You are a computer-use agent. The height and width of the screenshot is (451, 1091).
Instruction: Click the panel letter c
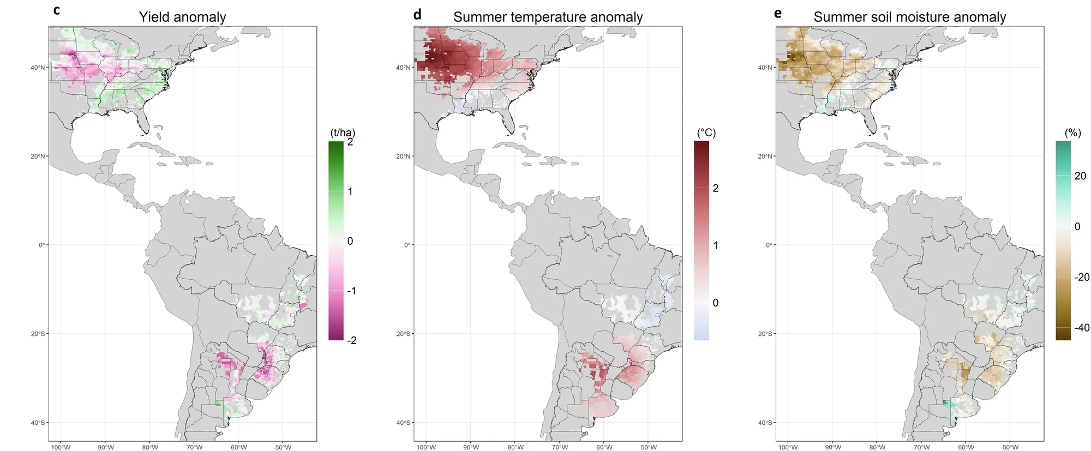coord(57,10)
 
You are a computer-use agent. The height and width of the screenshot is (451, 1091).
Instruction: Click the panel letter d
coord(417,14)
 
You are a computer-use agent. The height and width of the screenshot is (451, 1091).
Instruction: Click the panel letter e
coord(778,13)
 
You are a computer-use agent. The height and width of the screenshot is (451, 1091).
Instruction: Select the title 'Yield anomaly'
coord(182,17)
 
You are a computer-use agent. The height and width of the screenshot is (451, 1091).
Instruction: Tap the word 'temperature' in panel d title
coord(548,17)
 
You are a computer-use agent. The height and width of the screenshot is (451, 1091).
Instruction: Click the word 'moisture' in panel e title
coord(935,17)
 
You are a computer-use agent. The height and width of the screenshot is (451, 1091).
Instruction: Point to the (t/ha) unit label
coord(343,133)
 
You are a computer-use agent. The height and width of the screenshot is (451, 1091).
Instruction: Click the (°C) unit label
coord(706,133)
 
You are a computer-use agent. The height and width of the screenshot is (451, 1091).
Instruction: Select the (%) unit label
coord(1072,133)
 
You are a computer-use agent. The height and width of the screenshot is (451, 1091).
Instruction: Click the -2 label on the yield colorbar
coord(352,340)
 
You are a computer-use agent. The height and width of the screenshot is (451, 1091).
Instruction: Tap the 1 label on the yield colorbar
coord(350,191)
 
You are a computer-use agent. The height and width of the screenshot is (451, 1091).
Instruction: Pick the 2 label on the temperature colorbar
coord(716,188)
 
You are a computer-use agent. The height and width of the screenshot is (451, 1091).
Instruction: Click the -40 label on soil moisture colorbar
coord(1082,328)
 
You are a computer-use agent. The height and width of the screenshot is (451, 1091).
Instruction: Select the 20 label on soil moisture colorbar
coord(1080,176)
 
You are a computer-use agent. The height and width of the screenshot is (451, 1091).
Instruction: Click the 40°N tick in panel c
coord(38,68)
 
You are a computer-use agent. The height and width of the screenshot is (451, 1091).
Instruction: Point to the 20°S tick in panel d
coord(403,334)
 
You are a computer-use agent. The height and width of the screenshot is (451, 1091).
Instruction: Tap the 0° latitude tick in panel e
coord(769,245)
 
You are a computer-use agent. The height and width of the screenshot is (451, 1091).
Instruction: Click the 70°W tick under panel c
coord(194,447)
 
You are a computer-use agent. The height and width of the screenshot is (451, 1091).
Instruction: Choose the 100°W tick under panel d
coord(426,447)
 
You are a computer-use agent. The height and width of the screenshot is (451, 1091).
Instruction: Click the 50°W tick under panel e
coord(1010,447)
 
